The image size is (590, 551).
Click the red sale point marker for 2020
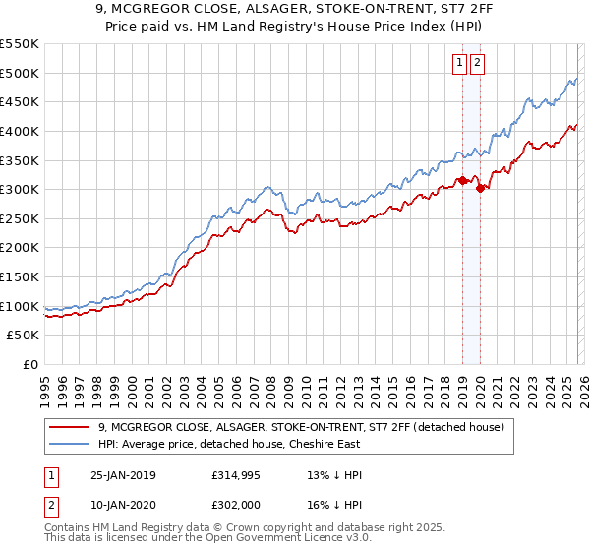pyautogui.click(x=480, y=188)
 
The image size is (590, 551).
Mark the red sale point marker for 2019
pyautogui.click(x=463, y=180)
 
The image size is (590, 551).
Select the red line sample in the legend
pyautogui.click(x=70, y=427)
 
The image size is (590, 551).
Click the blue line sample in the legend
pyautogui.click(x=70, y=445)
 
